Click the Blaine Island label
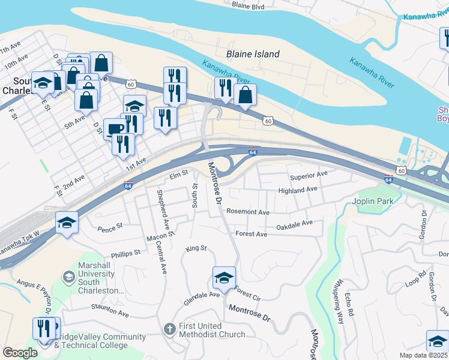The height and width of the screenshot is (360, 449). tap(253, 54)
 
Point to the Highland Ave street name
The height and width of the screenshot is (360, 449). tap(297, 190)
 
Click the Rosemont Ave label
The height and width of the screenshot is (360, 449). tap(248, 212)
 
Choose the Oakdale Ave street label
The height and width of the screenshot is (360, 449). tap(295, 224)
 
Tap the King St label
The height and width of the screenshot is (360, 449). tap(196, 248)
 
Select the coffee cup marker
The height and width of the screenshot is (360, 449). tap(114, 128)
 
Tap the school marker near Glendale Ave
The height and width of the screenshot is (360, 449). tap(224, 278)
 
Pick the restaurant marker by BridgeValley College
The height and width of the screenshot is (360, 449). tap(44, 328)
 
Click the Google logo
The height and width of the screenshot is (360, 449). tap(20, 353)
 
